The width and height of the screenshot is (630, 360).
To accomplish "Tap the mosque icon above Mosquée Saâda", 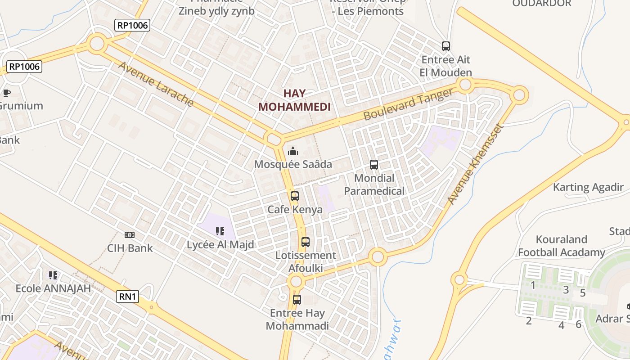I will [293, 151].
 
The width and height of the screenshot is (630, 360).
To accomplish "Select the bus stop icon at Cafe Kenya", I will [295, 196].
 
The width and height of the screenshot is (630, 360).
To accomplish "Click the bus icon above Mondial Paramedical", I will [374, 165].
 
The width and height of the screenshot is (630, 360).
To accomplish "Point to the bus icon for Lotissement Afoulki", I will [306, 242].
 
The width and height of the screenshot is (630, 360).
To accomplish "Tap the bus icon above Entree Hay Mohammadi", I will [297, 299].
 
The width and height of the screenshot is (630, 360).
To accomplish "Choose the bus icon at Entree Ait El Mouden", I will [446, 46].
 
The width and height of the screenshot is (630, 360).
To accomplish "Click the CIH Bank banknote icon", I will [130, 235].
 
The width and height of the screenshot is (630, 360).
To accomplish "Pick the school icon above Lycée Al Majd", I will [220, 231].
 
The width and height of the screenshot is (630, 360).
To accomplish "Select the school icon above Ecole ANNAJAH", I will [53, 275].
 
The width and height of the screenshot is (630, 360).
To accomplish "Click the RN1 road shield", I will [128, 297].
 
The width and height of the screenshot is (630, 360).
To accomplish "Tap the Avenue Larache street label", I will [156, 84].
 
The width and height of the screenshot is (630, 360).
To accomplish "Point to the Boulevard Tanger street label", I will [408, 104].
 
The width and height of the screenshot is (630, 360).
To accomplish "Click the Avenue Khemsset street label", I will [474, 165].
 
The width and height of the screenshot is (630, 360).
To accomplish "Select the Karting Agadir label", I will [588, 187].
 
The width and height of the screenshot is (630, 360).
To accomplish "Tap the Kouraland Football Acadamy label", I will [562, 246].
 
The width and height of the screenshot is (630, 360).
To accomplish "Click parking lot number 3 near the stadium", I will [566, 290].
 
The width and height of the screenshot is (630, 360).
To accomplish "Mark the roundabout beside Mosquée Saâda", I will [273, 138].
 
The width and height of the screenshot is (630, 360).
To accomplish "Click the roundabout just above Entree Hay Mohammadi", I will [296, 282].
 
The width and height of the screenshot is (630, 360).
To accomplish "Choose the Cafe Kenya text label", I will [295, 210].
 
